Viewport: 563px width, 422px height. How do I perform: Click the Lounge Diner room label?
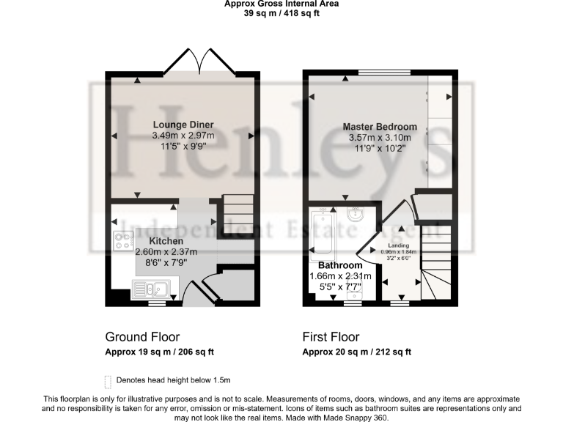point(183,125)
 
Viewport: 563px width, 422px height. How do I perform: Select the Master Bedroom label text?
point(380,127)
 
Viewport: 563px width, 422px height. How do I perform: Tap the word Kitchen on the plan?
point(166,241)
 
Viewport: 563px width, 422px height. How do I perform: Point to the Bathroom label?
point(339,265)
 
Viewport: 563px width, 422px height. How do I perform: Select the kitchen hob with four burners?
point(124,241)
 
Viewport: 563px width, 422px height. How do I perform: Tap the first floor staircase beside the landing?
point(432,260)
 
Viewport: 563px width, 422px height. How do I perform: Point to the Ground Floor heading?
point(142,337)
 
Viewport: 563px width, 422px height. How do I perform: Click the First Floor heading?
point(331,337)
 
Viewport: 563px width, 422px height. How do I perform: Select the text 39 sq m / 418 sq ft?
point(281,13)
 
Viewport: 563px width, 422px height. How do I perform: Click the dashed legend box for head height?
point(108,380)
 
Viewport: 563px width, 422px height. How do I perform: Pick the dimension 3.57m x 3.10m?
point(380,137)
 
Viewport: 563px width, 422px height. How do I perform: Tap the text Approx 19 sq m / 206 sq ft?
point(160,352)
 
